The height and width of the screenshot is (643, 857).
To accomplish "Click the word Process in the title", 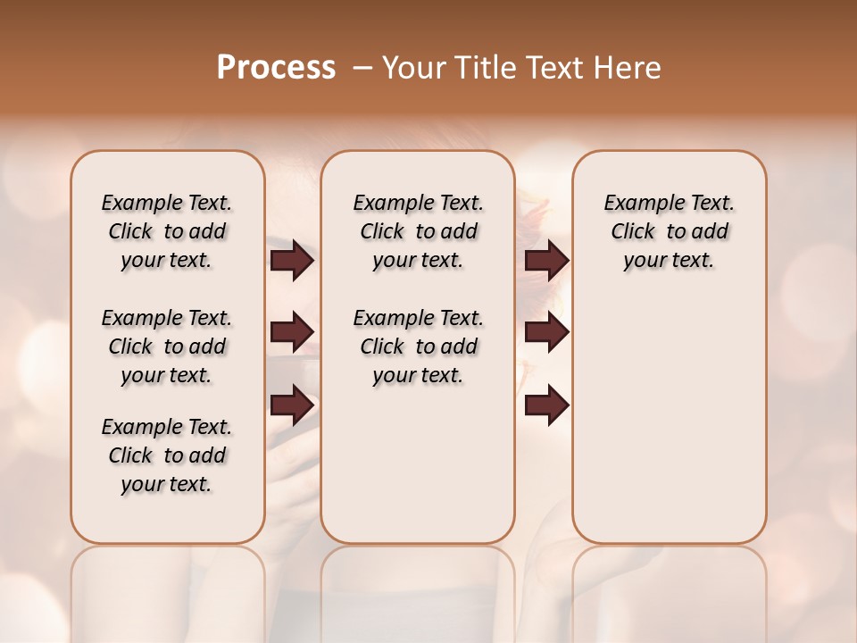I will point(276,68).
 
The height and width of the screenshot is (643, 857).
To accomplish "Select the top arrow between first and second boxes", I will point(292,261).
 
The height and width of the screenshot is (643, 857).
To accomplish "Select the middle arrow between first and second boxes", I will point(292,333).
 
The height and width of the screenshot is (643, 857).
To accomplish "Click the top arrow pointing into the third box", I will point(546,261).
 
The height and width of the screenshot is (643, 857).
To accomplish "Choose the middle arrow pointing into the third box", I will point(546,333).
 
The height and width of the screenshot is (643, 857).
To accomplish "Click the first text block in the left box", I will point(167,231).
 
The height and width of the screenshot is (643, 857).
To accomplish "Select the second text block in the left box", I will point(167,347).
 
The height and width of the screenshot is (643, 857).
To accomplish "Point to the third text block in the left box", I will point(167,455).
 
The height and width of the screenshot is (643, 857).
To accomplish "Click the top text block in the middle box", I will point(418,231).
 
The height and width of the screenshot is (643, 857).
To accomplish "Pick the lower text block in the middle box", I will point(418,347).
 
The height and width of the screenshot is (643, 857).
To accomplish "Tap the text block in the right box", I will point(669,231).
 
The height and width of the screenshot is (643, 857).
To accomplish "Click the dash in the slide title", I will point(362,68).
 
